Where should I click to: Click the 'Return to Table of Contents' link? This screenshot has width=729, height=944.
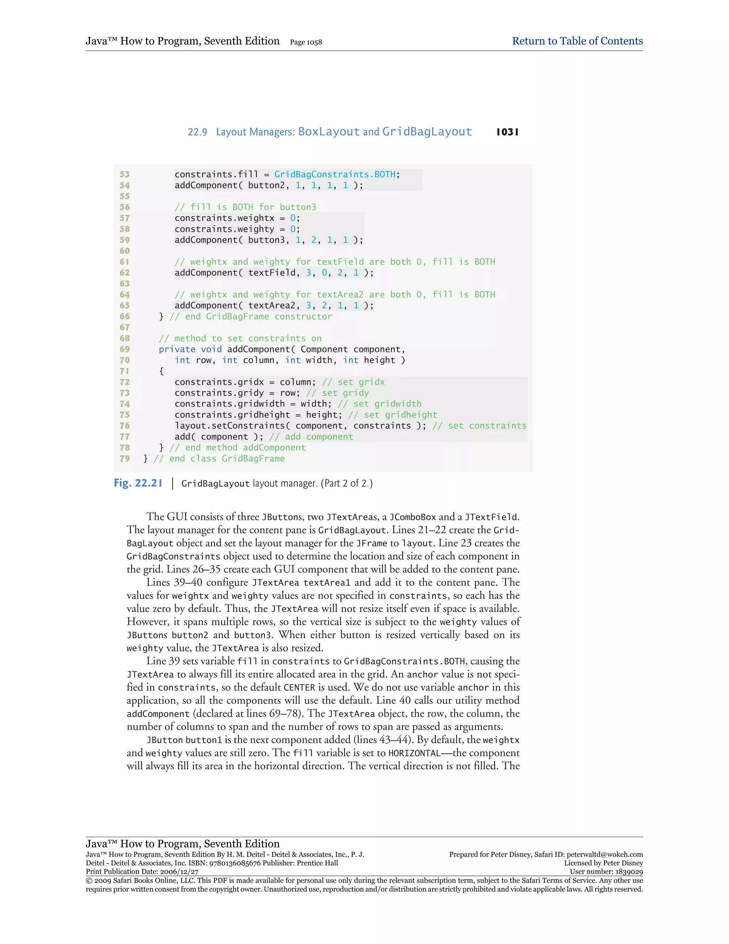[577, 41]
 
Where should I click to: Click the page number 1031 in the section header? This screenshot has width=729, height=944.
[508, 132]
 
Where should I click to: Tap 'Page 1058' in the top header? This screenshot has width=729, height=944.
[306, 42]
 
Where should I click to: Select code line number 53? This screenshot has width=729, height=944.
[124, 174]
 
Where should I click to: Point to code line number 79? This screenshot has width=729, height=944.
[124, 458]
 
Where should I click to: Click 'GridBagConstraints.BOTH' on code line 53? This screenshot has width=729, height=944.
[335, 174]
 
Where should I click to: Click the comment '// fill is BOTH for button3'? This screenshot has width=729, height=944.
[245, 207]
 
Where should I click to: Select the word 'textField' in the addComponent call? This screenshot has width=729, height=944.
[272, 273]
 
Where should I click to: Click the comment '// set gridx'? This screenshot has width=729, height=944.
[353, 382]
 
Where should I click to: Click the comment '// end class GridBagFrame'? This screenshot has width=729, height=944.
[219, 458]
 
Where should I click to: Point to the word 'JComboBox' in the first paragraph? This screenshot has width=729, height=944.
[413, 517]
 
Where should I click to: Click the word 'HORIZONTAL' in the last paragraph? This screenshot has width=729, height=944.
[414, 753]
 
